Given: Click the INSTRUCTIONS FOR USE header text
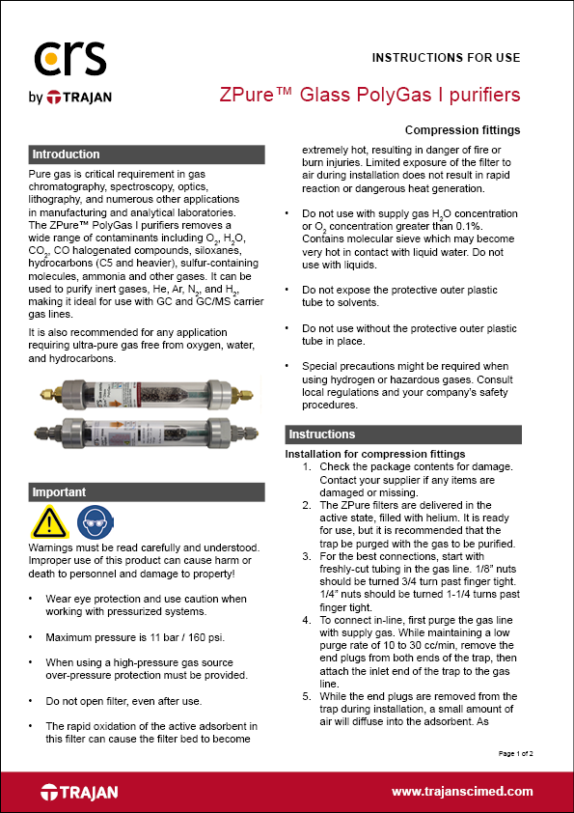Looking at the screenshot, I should pyautogui.click(x=446, y=57).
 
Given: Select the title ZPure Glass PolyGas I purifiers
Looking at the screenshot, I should pyautogui.click(x=370, y=95).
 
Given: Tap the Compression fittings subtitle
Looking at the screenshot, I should pyautogui.click(x=462, y=130).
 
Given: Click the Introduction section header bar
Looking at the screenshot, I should pyautogui.click(x=145, y=154).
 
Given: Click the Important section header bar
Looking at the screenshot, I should pyautogui.click(x=145, y=491).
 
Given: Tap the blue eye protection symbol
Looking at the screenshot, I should pyautogui.click(x=94, y=522).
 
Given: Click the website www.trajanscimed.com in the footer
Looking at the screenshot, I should pyautogui.click(x=461, y=791).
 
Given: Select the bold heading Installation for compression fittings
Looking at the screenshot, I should pyautogui.click(x=375, y=454).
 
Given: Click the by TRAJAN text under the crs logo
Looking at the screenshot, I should pyautogui.click(x=73, y=97).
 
